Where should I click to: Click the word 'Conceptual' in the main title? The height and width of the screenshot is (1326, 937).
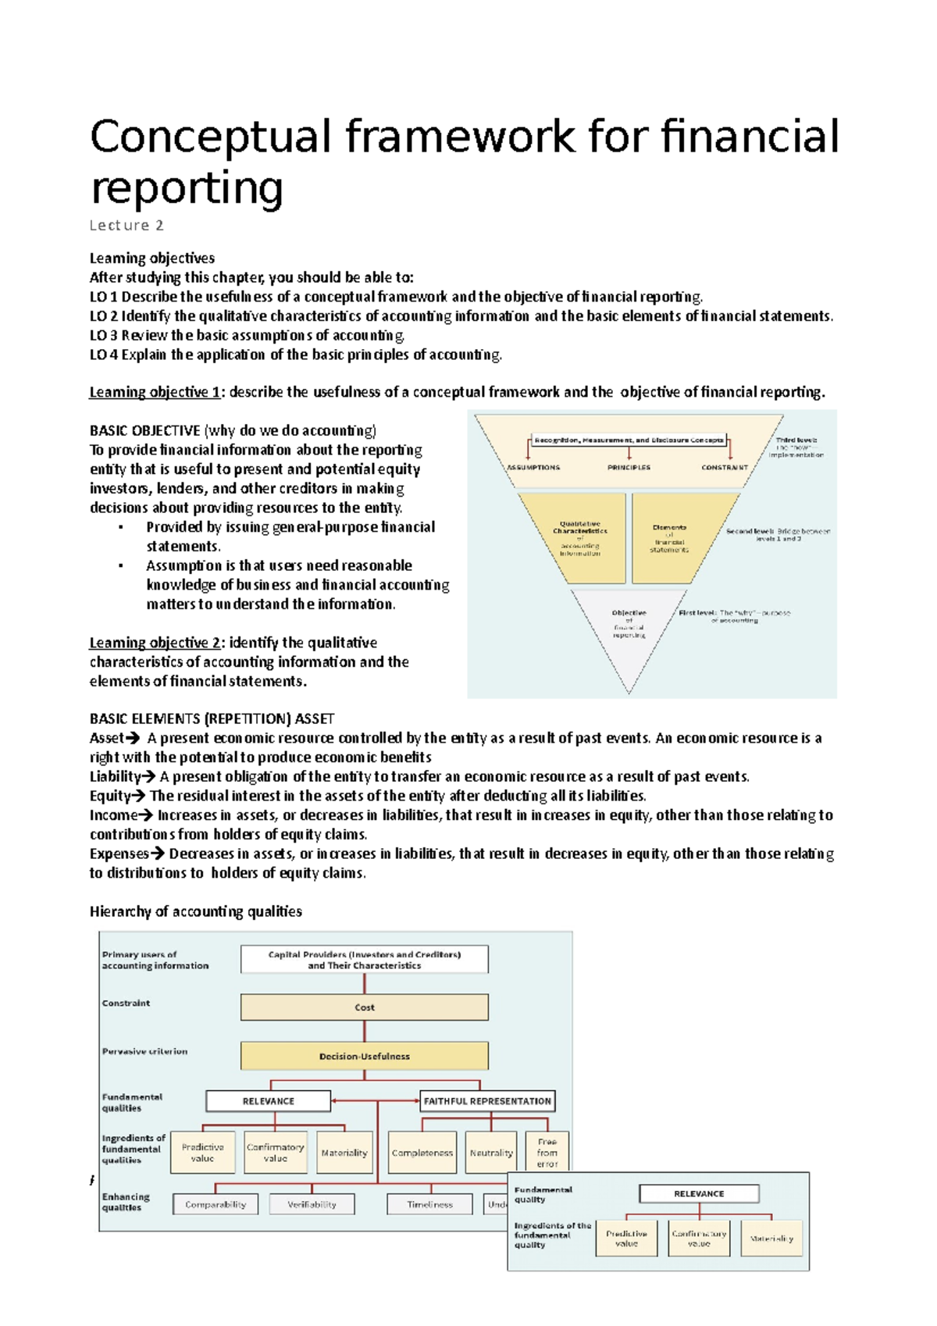[211, 137]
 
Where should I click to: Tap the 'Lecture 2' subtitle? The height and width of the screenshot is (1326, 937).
[126, 226]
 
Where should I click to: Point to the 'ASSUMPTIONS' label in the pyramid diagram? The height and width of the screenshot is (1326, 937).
[533, 468]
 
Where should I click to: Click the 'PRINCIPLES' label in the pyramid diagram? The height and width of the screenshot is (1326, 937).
[629, 468]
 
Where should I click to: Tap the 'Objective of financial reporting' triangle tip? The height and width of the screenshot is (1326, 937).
[629, 624]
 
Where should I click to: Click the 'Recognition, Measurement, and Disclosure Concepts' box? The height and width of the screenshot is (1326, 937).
[629, 440]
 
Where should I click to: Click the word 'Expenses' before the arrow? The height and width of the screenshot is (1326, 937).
[118, 854]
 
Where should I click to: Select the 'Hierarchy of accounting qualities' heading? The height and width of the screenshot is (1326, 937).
[195, 912]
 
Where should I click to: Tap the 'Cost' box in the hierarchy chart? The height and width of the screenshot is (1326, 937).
[364, 1007]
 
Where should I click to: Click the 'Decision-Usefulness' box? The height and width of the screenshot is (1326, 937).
[364, 1057]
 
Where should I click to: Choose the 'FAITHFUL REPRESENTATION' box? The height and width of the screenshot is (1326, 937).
[487, 1101]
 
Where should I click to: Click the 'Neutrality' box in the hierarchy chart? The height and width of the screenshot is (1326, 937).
[491, 1153]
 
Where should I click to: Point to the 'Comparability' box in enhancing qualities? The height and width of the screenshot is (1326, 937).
[216, 1204]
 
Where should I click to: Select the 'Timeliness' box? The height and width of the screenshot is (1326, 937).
[429, 1204]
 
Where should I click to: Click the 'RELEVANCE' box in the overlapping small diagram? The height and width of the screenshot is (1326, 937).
[699, 1194]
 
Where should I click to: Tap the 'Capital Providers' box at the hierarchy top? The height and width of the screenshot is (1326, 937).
[364, 960]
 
